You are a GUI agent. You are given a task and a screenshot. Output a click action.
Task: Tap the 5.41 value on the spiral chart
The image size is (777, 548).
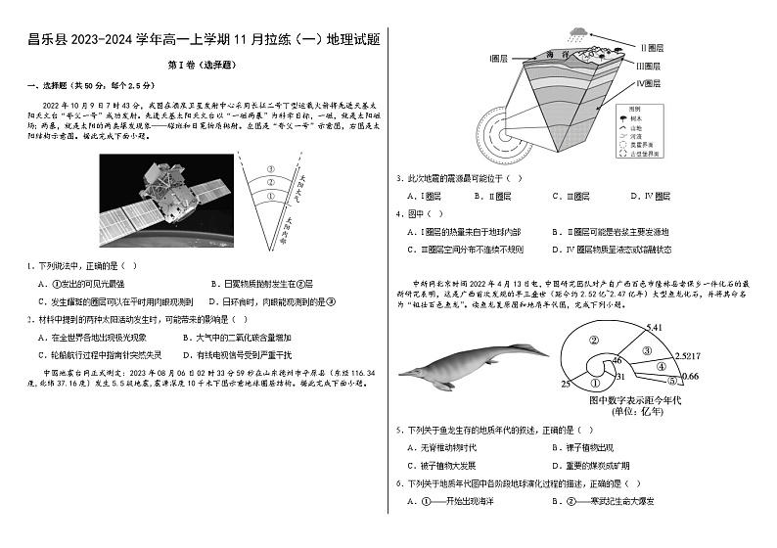pyautogui.click(x=655, y=327)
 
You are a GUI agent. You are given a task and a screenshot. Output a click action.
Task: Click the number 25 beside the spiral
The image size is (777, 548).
pyautogui.click(x=566, y=384)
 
